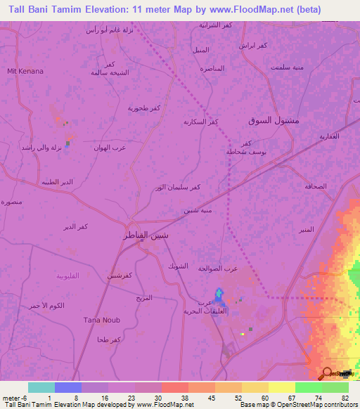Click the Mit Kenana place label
[x=25, y=72]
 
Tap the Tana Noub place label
[x=102, y=320]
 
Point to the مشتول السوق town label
[x=274, y=121]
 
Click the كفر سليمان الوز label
[x=178, y=188]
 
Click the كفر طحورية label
[x=144, y=108]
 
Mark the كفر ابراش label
[x=252, y=46]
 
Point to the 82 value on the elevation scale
[x=345, y=396]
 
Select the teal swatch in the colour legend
[x=41, y=387]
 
